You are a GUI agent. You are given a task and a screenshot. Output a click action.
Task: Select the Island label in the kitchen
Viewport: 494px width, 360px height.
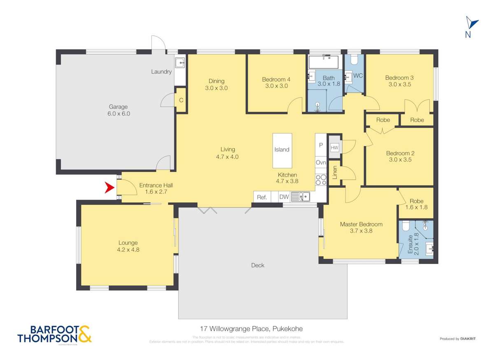(282, 150)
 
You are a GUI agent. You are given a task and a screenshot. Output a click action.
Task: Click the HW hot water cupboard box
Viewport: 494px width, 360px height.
(334, 147)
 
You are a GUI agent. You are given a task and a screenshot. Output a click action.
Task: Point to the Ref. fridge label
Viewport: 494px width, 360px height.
(262, 197)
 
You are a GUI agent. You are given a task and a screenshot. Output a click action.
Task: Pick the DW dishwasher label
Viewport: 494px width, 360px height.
(284, 197)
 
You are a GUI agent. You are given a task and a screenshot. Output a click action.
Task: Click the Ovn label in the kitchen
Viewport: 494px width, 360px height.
(321, 163)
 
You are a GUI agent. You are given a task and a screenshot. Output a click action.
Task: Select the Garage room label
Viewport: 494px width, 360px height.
(118, 107)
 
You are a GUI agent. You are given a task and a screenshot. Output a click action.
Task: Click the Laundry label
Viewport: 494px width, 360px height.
(161, 72)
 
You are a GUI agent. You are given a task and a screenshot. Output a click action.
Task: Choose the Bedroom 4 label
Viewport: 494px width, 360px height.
(276, 79)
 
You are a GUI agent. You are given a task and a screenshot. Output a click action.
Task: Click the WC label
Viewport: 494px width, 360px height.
(358, 76)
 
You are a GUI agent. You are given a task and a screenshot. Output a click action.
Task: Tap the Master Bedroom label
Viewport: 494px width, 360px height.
(361, 224)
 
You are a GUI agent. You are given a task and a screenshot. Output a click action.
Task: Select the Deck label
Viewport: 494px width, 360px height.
(258, 265)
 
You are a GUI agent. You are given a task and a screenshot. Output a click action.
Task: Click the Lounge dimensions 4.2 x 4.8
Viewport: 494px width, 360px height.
(128, 249)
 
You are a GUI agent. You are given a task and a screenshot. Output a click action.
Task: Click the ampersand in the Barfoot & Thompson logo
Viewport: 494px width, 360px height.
(84, 334)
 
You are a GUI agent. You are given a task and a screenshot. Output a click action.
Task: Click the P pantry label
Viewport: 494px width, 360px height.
(321, 145)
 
